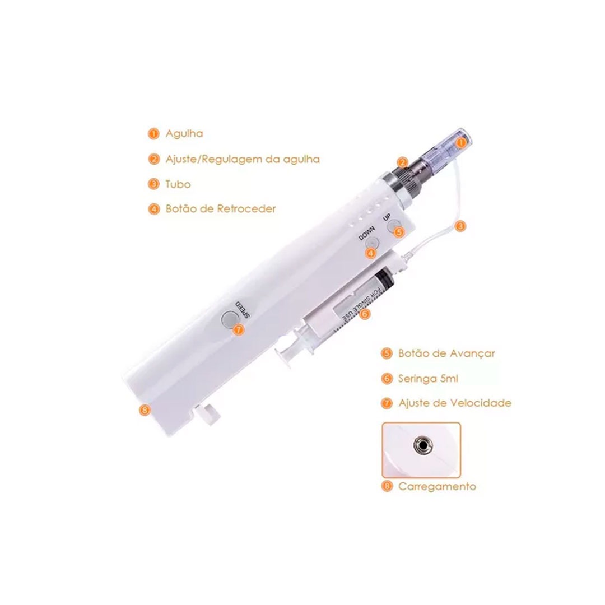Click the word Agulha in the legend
pyautogui.click(x=184, y=134)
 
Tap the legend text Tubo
pyautogui.click(x=178, y=184)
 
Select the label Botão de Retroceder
pyautogui.click(x=221, y=209)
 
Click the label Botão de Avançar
pyautogui.click(x=446, y=353)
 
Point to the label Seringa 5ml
pyautogui.click(x=428, y=379)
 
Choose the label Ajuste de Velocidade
pyautogui.click(x=455, y=403)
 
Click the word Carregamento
pyautogui.click(x=437, y=487)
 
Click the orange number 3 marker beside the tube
pyautogui.click(x=460, y=226)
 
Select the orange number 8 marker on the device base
pyautogui.click(x=145, y=409)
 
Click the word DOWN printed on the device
pyautogui.click(x=366, y=233)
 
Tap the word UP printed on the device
pyautogui.click(x=387, y=217)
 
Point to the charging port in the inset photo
pyautogui.click(x=423, y=446)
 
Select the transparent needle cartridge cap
pyautogui.click(x=447, y=148)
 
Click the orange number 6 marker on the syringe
pyautogui.click(x=364, y=314)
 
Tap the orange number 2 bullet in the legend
pyautogui.click(x=153, y=159)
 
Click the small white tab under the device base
pyautogui.click(x=208, y=415)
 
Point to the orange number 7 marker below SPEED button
pyautogui.click(x=239, y=330)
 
